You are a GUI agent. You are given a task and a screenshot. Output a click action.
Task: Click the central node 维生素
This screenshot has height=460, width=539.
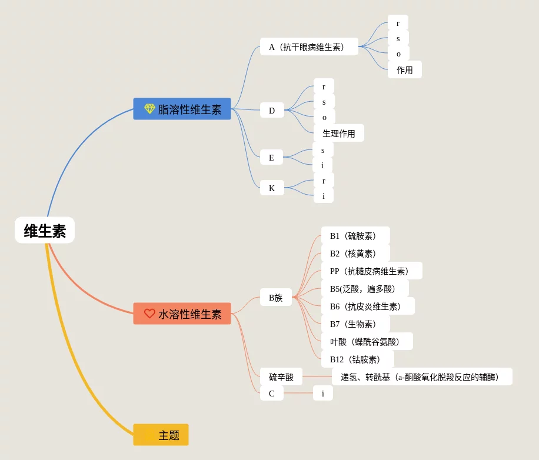pos(45,231)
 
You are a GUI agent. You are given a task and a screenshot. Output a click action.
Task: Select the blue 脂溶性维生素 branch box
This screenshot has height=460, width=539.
pos(182,109)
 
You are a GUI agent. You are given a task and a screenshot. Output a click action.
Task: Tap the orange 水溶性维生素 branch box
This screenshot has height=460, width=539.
pos(182,314)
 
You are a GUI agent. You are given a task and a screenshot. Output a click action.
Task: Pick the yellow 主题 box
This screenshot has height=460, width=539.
pos(161,435)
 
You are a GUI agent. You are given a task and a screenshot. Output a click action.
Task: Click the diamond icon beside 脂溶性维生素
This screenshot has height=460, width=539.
pos(149,109)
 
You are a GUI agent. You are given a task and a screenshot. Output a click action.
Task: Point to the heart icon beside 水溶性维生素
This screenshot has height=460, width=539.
pos(149,314)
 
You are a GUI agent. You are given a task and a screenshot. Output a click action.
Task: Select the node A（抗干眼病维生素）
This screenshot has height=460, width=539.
pos(309,47)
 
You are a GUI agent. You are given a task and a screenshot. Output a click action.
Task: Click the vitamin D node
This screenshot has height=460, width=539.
pos(272,111)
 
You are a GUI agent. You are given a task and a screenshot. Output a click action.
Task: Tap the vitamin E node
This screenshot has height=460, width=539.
pos(271,158)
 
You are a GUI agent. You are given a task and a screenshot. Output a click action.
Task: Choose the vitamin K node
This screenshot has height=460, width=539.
pos(272,188)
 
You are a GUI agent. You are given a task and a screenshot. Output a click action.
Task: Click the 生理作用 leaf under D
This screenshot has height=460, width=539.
pos(339,134)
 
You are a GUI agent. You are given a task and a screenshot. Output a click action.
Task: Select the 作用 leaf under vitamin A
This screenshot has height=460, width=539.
pos(405,70)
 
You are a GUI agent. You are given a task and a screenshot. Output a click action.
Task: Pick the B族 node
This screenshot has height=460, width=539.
pos(276,298)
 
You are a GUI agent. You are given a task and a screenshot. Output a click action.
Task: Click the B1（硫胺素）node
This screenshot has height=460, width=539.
pos(355,236)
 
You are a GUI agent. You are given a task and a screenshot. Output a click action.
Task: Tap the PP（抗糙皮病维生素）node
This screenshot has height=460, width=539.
pos(372,271)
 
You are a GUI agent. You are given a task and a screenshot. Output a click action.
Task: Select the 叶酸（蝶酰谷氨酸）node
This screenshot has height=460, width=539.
pos(367,342)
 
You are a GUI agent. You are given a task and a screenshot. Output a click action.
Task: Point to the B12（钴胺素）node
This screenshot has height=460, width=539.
pos(358,359)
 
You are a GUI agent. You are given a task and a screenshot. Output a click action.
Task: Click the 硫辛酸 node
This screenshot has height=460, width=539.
pos(281,377)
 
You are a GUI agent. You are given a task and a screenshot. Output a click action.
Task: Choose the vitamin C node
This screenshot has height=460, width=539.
pos(272,394)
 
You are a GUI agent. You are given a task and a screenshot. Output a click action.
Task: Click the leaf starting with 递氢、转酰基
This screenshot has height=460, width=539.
pos(422,377)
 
